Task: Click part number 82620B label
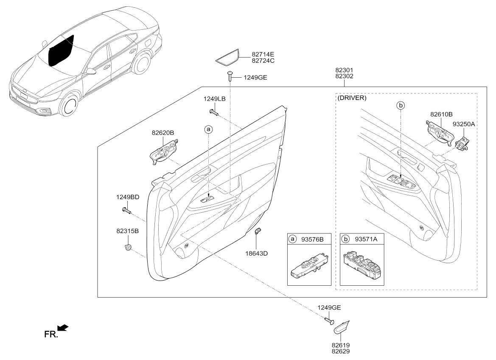tap(163, 133)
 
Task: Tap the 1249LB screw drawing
tap(213, 112)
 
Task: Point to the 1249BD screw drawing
tap(126, 210)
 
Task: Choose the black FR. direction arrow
tap(62, 327)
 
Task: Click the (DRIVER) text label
tap(352, 98)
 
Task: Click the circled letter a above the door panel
tap(208, 129)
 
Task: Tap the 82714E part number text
tap(263, 54)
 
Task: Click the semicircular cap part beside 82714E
tap(227, 58)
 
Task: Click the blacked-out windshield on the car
tap(60, 50)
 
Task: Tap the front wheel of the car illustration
tap(69, 107)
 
